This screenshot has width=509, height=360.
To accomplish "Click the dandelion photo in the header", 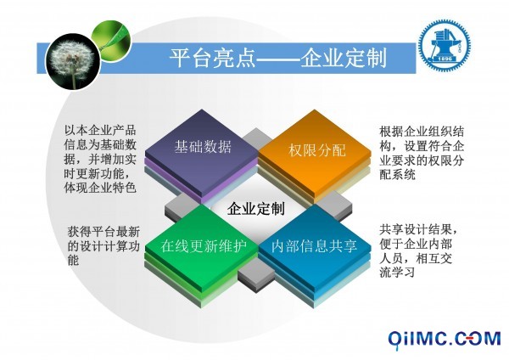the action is (x=73, y=62).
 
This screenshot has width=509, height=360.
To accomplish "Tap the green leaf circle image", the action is (x=110, y=40).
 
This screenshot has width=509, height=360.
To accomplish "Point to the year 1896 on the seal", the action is (x=445, y=59).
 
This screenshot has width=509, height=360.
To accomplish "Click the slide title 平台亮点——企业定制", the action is (x=278, y=58).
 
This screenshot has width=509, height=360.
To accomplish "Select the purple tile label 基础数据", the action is (x=203, y=147).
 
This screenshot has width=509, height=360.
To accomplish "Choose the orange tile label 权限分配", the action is (x=317, y=150).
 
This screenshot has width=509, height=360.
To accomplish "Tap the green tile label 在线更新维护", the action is (x=204, y=246).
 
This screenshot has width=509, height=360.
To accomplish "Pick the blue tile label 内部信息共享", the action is (x=314, y=246).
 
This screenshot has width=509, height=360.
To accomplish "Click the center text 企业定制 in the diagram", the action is (x=256, y=208).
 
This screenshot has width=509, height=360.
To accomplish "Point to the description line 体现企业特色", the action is (x=100, y=188).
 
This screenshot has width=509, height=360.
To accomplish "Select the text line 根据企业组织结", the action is (x=422, y=132).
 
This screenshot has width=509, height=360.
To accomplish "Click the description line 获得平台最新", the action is (x=103, y=232).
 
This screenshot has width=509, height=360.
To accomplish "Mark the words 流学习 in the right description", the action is (x=397, y=272).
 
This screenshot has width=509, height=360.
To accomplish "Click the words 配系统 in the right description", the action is (x=397, y=174).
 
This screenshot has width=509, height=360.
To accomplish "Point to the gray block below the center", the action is (x=256, y=277).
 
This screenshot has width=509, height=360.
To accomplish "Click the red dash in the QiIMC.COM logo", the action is (x=471, y=339).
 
